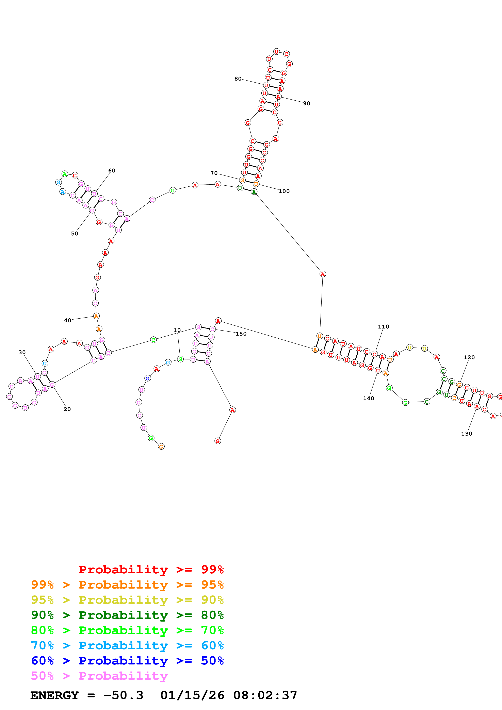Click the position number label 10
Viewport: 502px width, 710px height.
pyautogui.click(x=177, y=330)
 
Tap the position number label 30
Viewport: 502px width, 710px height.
pyautogui.click(x=22, y=352)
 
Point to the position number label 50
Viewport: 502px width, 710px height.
pyautogui.click(x=75, y=234)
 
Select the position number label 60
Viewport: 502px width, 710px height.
pyautogui.click(x=112, y=170)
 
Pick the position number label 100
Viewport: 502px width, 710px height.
pyautogui.click(x=284, y=191)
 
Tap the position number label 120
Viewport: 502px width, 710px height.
pyautogui.click(x=469, y=357)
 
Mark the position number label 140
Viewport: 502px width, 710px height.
pyautogui.click(x=368, y=398)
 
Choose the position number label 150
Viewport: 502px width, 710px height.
pyautogui.click(x=241, y=334)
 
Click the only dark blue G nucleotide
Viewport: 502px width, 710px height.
pyautogui.click(x=148, y=378)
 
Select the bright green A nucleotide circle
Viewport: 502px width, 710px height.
pyautogui.click(x=65, y=174)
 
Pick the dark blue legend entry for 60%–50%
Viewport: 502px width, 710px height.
pyautogui.click(x=127, y=661)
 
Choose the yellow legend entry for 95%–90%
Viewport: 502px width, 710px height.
pyautogui.click(x=127, y=600)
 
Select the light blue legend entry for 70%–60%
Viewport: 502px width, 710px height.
pyautogui.click(x=127, y=645)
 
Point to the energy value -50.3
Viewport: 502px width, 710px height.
pyautogui.click(x=123, y=695)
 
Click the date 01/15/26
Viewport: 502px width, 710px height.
pyautogui.click(x=192, y=695)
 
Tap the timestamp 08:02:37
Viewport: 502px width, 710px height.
pyautogui.click(x=265, y=695)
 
